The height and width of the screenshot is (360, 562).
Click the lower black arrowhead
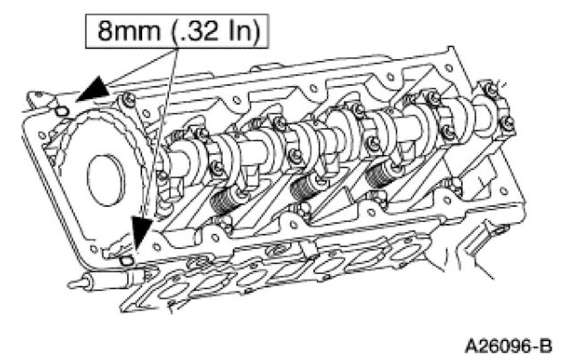pos(143,234)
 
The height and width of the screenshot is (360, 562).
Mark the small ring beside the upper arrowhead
pos(61,111)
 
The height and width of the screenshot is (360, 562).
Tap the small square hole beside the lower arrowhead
pos(127,259)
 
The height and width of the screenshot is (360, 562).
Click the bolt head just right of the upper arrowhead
pos(128,98)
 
